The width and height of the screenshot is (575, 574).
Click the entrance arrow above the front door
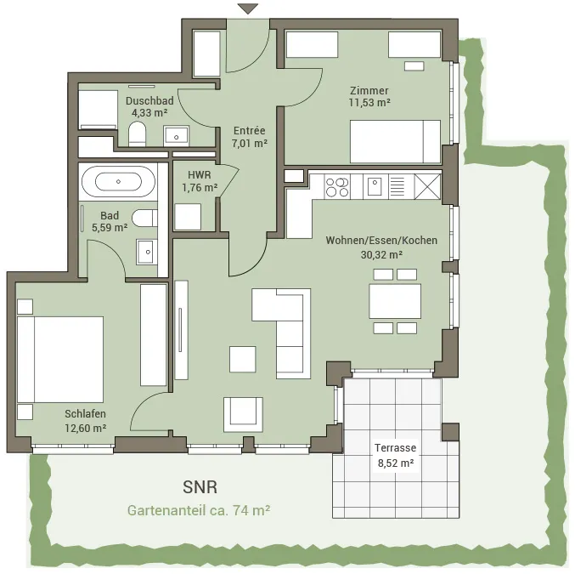click(247, 9)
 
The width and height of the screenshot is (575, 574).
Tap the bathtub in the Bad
click(118, 181)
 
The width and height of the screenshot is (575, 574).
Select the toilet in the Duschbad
click(137, 134)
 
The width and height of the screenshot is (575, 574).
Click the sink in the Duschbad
click(176, 136)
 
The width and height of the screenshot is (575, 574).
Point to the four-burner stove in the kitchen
click(337, 187)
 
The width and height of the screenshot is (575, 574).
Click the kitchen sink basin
click(375, 186)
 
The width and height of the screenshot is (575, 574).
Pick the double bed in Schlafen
click(60, 360)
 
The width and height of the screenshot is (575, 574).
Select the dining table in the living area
click(395, 301)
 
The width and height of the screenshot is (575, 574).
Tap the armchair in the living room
click(243, 414)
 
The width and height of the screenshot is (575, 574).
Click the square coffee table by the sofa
click(243, 359)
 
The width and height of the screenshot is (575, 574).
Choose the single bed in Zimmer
click(395, 141)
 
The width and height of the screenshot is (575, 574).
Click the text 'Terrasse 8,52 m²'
click(395, 456)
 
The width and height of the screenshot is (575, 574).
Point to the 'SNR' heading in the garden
click(200, 487)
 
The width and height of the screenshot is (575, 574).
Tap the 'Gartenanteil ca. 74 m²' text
click(199, 510)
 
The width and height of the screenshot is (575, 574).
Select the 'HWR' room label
click(199, 175)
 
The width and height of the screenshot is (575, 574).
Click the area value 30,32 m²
click(381, 254)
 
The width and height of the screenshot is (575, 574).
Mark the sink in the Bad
click(147, 252)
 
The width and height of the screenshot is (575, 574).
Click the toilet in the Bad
click(144, 219)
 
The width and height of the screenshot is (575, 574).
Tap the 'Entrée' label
click(250, 130)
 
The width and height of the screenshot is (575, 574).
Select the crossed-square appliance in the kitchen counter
click(427, 187)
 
